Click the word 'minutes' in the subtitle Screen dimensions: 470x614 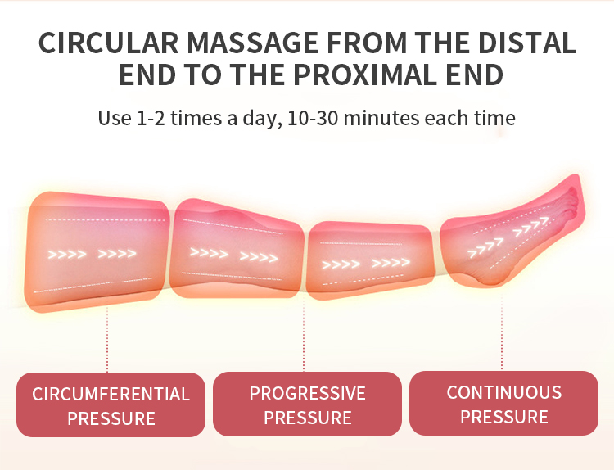[x=380, y=117]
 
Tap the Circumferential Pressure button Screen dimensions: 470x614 [x=111, y=405]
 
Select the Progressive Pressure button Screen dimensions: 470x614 [x=307, y=404]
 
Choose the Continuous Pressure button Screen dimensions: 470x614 [x=503, y=404]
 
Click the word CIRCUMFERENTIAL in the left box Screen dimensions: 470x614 [x=111, y=394]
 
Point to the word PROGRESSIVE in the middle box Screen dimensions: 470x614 [x=307, y=393]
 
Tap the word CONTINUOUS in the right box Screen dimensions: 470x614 [x=503, y=392]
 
